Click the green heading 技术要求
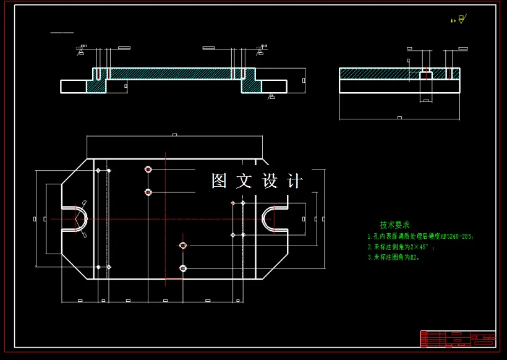pyautogui.click(x=394, y=225)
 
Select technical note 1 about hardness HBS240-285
pyautogui.click(x=420, y=236)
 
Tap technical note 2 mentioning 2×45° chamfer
pyautogui.click(x=401, y=247)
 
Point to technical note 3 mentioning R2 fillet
pyautogui.click(x=393, y=257)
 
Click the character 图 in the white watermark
pyautogui.click(x=219, y=181)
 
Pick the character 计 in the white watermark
pyautogui.click(x=296, y=181)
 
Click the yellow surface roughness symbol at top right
pyautogui.click(x=458, y=20)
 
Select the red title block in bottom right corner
pyautogui.click(x=458, y=339)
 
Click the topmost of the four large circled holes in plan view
pyautogui.click(x=148, y=169)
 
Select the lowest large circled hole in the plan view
pyautogui.click(x=182, y=268)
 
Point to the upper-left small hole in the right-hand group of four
pyautogui.click(x=232, y=203)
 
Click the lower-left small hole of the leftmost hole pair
pyautogui.click(x=98, y=267)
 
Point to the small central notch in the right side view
pyautogui.click(x=425, y=75)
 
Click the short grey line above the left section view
pyautogui.click(x=62, y=33)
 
